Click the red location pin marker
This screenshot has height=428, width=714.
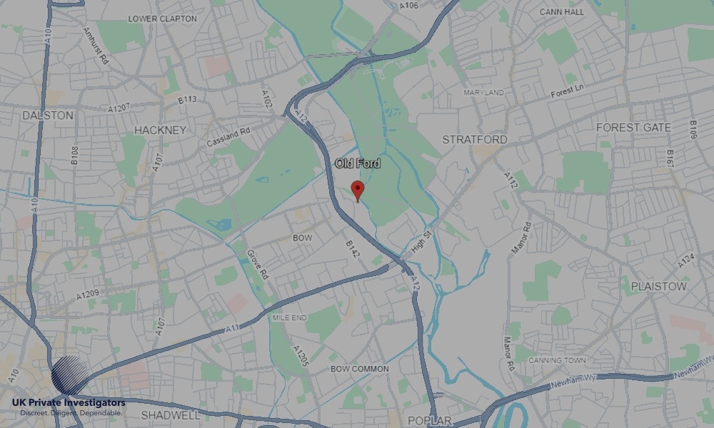(x=358, y=190)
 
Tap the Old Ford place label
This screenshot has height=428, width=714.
(x=358, y=164)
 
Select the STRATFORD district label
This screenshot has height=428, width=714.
(x=475, y=139)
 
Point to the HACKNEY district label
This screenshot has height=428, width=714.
(x=160, y=130)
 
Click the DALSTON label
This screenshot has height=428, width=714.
(x=48, y=115)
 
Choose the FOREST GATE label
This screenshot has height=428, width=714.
(x=633, y=128)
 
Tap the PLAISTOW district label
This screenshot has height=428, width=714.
(x=658, y=286)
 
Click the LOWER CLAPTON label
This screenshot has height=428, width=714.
(x=162, y=19)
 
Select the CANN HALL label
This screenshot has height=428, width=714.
(x=561, y=12)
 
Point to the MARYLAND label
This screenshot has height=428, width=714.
(x=483, y=93)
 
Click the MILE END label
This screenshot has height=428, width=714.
(x=289, y=317)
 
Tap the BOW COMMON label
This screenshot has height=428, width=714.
(x=360, y=369)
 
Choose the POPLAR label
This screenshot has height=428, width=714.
(x=429, y=420)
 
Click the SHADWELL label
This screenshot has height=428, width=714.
(x=170, y=414)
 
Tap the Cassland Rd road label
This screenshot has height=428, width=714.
(x=228, y=137)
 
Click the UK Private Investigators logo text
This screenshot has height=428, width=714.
(x=69, y=403)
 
